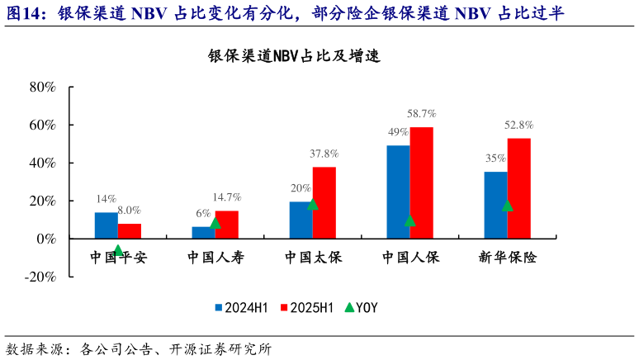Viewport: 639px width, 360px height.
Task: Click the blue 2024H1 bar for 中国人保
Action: [x=398, y=192]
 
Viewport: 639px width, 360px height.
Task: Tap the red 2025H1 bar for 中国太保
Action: [x=324, y=202]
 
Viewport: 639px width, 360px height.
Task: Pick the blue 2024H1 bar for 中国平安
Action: [x=106, y=225]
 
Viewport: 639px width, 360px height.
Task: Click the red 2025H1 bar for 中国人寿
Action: [x=226, y=225]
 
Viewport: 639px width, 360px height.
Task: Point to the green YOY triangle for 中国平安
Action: [x=118, y=249]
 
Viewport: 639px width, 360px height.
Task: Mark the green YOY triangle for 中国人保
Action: [x=409, y=220]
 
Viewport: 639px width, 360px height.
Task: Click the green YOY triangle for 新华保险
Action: [x=507, y=205]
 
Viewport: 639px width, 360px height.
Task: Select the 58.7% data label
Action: [x=421, y=113]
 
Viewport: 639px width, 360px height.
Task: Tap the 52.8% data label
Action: [x=519, y=125]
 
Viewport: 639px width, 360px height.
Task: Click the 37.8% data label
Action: [x=324, y=154]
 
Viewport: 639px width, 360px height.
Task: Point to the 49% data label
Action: [x=398, y=132]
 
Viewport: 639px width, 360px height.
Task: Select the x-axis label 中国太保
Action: [x=312, y=258]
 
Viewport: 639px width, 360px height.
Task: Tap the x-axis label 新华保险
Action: [x=507, y=258]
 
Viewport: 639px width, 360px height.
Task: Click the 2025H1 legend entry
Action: [x=306, y=308]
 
